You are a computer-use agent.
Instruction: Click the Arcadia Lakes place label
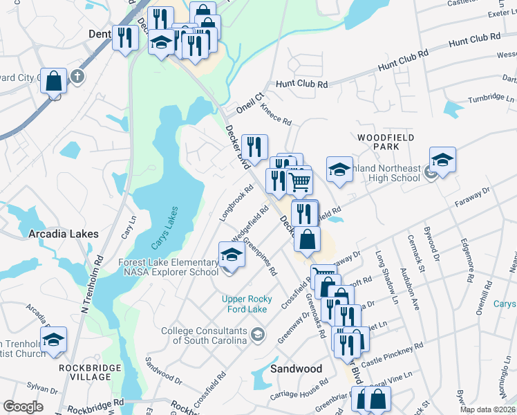click(64, 234)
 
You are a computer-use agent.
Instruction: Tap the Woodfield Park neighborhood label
click(386, 142)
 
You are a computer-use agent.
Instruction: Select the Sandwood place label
click(296, 369)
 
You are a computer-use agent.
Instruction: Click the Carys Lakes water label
click(164, 228)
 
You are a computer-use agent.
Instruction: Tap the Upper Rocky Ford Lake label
click(244, 304)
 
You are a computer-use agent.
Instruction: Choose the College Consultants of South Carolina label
click(204, 335)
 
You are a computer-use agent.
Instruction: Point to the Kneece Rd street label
click(276, 114)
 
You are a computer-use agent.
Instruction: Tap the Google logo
click(23, 407)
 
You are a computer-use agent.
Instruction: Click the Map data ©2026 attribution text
click(487, 409)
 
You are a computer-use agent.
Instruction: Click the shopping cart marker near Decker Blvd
click(299, 181)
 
